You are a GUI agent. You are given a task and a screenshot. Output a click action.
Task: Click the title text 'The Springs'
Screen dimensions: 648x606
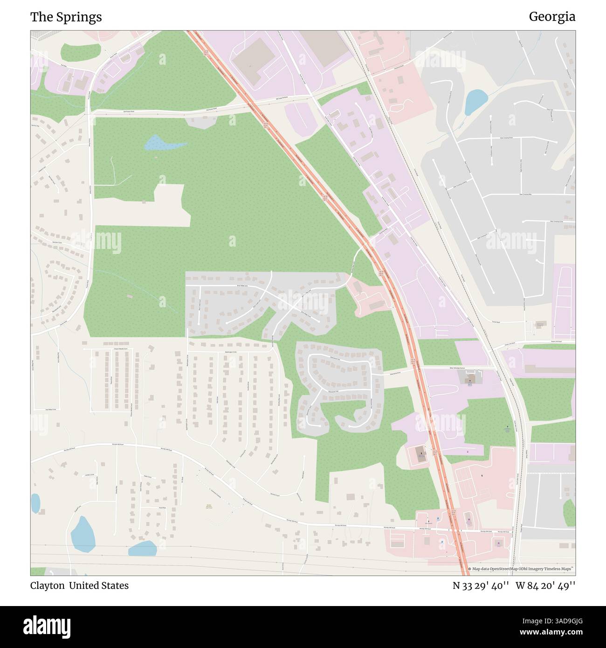(x=66, y=17)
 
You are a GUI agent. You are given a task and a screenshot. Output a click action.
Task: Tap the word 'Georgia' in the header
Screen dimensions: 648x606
(x=552, y=17)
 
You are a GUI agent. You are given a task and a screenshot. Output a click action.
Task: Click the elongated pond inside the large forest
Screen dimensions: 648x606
(x=161, y=144)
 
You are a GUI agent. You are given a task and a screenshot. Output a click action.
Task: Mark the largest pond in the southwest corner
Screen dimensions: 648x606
(x=83, y=534)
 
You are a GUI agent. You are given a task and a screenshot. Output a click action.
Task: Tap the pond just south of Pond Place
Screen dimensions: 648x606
(x=142, y=549)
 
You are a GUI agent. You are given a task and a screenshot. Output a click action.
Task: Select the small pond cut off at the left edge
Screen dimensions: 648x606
(x=35, y=503)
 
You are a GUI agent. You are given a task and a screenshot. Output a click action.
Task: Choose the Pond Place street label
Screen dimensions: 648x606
(x=162, y=508)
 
